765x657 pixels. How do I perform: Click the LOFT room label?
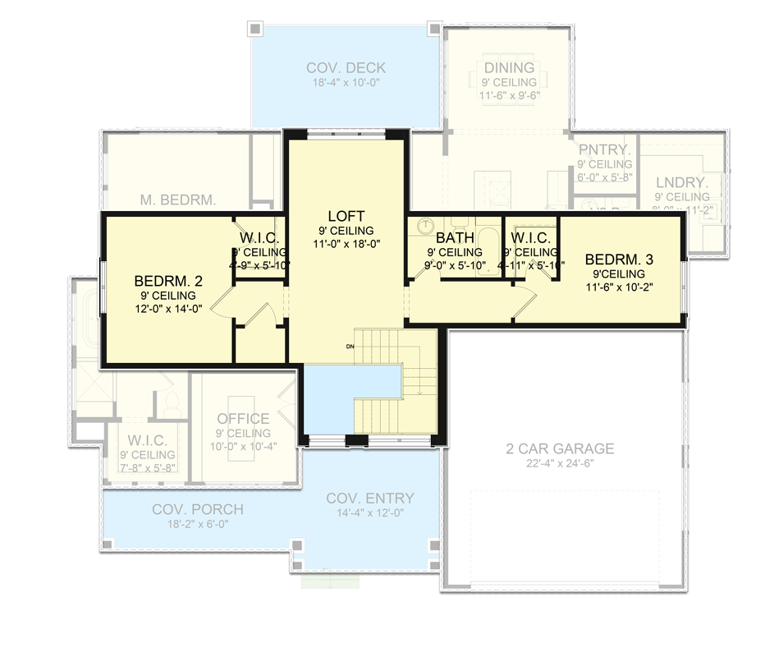[346, 216]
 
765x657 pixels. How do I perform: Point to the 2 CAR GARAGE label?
[560, 448]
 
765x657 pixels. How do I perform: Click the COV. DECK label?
[346, 68]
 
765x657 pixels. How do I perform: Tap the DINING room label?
[509, 68]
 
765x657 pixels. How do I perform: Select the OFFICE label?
[243, 419]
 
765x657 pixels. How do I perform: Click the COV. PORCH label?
[197, 509]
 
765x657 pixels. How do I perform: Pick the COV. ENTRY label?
[369, 498]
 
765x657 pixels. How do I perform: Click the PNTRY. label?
[604, 150]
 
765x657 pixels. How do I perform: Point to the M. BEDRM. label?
[178, 199]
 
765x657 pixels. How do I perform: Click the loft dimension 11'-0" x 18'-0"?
[346, 244]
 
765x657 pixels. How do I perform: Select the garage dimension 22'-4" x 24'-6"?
[560, 464]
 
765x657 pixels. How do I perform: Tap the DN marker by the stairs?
[349, 347]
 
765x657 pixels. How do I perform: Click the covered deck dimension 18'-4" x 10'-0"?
[346, 83]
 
